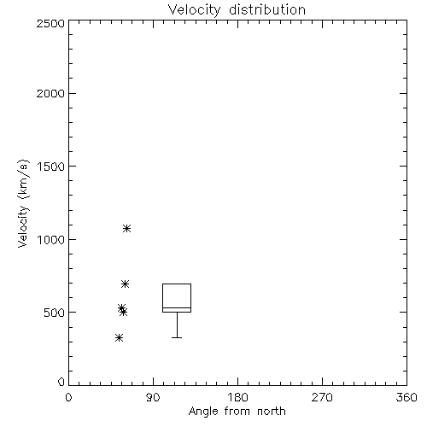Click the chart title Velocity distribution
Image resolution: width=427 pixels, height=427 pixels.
tap(237, 10)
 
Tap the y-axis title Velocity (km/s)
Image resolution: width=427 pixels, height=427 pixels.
tap(23, 204)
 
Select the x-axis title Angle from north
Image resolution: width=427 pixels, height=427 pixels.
tap(237, 412)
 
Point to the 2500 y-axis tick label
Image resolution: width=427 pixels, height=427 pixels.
tap(50, 23)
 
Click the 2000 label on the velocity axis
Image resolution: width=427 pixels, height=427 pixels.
tap(50, 93)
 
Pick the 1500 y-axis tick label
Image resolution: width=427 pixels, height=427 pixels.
tap(51, 167)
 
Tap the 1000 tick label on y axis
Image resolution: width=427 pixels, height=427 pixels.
tap(51, 240)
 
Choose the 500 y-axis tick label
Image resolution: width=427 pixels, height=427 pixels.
tap(54, 313)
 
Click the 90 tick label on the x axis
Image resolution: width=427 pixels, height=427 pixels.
tap(153, 397)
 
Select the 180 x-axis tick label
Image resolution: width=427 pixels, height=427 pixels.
tap(237, 397)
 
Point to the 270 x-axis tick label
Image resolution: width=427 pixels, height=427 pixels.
tap(322, 397)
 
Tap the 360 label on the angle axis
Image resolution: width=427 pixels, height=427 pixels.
tap(407, 397)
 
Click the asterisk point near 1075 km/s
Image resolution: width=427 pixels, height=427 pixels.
tap(126, 228)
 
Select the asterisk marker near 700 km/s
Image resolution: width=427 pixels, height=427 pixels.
tap(125, 284)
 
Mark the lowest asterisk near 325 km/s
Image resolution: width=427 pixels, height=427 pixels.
tap(119, 338)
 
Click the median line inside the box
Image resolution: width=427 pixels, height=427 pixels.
tap(177, 307)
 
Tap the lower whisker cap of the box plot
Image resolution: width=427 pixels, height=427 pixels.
tap(177, 337)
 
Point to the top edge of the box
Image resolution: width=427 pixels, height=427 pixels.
tap(177, 284)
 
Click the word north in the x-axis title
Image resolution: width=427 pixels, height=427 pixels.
tap(272, 412)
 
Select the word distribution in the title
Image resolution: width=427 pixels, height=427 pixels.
tap(267, 10)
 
